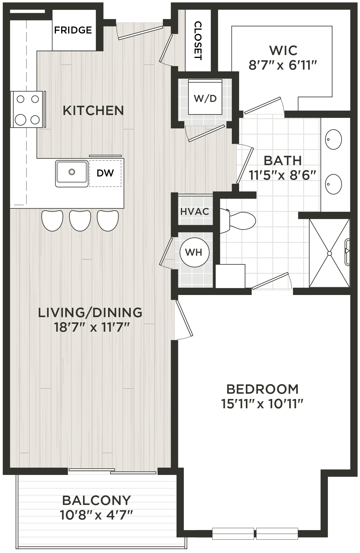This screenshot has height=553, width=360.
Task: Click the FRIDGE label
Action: [73, 30]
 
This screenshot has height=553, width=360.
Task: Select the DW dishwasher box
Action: [105, 173]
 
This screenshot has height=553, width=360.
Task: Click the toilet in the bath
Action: [238, 220]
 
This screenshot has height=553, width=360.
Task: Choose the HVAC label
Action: [195, 211]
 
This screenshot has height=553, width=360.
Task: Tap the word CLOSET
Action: [198, 40]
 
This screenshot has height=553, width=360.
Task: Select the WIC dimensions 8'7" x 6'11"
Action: [283, 65]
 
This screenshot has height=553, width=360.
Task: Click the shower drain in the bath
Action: [329, 253]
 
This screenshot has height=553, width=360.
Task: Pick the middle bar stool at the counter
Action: [80, 220]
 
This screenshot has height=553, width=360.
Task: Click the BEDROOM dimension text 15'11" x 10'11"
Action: [262, 404]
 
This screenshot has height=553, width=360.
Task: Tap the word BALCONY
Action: [96, 500]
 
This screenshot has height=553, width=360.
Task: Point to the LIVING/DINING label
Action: [90, 312]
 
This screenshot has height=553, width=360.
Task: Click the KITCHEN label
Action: [93, 111]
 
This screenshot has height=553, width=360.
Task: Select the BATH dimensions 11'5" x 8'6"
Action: [283, 175]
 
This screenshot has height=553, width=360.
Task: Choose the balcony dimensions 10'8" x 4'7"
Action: [96, 515]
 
